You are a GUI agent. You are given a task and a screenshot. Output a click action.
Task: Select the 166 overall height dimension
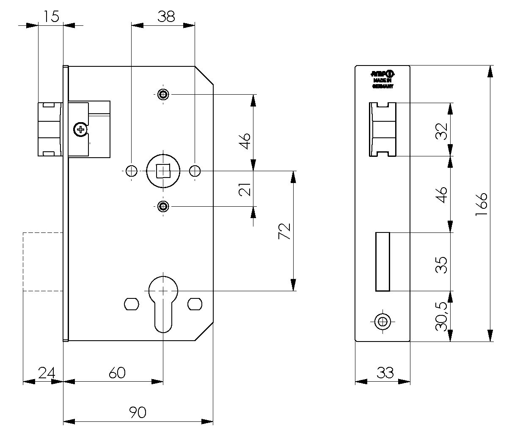click(x=481, y=204)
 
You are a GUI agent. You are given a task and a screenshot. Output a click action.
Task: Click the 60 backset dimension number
click(x=117, y=372)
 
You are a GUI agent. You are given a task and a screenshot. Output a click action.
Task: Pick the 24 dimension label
click(x=47, y=372)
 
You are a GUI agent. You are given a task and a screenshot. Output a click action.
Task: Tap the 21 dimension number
click(x=245, y=189)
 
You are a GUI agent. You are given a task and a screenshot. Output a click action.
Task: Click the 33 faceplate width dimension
click(x=385, y=372)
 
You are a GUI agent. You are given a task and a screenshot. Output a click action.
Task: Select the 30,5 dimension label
click(x=441, y=316)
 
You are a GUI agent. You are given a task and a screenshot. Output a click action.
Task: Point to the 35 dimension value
click(x=441, y=265)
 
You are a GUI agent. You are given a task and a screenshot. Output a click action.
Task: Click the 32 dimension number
click(x=441, y=131)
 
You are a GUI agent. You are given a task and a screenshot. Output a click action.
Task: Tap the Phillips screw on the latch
click(x=80, y=129)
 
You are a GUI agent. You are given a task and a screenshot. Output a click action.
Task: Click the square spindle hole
click(x=163, y=171)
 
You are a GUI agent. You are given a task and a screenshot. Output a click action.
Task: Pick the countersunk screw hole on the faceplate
click(x=383, y=322)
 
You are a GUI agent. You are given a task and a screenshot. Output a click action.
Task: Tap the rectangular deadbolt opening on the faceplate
click(x=382, y=262)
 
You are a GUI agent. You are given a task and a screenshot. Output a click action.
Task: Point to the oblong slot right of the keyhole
click(x=195, y=303)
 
